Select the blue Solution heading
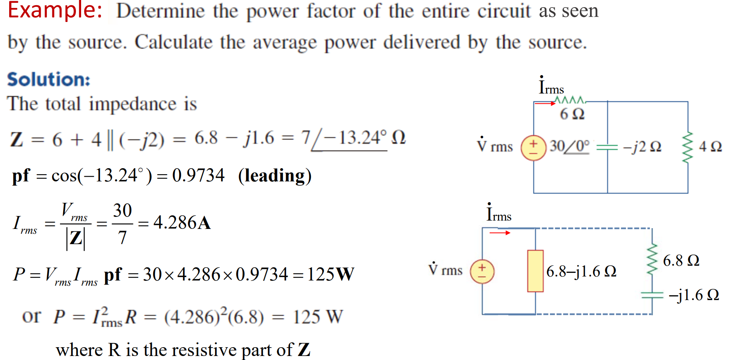pos(48,80)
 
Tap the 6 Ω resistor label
pos(572,114)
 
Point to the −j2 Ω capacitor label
pos(642,147)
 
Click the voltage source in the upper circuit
pos(533,148)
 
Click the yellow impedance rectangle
pos(535,271)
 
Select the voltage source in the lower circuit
pos(482,271)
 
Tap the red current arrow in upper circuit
pos(545,103)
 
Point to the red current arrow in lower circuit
pos(500,233)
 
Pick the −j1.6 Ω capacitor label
pos(694,295)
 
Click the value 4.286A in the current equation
pos(182,223)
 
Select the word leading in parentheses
pos(275,176)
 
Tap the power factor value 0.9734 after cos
pos(198,175)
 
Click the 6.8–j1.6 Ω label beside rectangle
pos(581,272)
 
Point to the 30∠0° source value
pos(569,146)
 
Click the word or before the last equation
pos(31,316)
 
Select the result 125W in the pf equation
pos(330,274)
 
